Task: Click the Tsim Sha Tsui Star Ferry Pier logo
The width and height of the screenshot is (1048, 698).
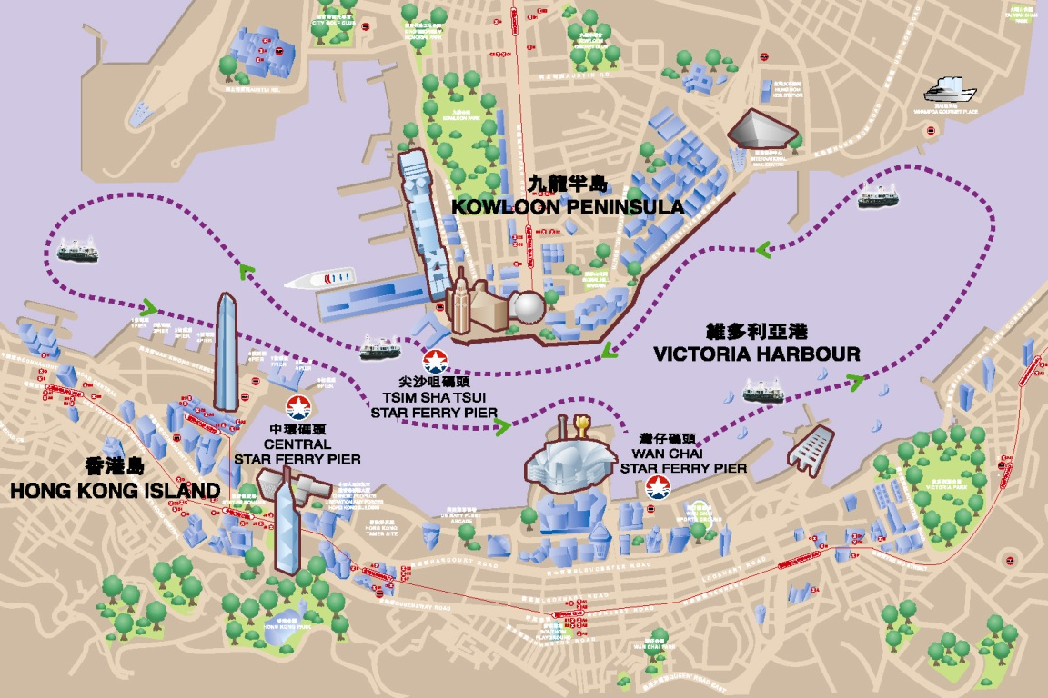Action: pyautogui.click(x=434, y=361)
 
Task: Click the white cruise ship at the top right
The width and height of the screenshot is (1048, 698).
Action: pyautogui.click(x=949, y=92)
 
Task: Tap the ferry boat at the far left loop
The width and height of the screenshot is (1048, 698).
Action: pyautogui.click(x=77, y=251)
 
